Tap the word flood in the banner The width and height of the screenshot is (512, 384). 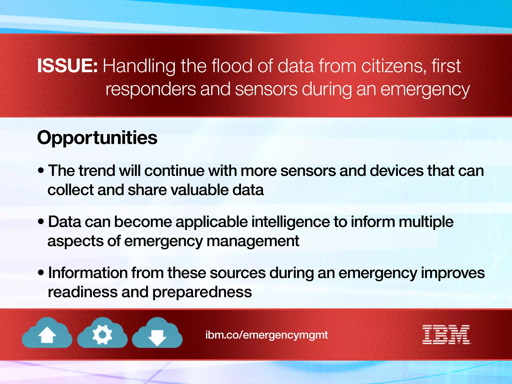(x=232, y=66)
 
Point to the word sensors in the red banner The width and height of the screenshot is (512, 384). (x=266, y=89)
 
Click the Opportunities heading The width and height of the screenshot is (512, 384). (x=97, y=138)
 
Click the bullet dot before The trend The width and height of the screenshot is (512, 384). (x=41, y=171)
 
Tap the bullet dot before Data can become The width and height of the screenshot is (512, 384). (x=41, y=222)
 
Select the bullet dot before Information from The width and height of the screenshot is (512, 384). (x=41, y=273)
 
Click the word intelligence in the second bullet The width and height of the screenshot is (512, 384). (x=290, y=222)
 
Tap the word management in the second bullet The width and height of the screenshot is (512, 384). (x=253, y=241)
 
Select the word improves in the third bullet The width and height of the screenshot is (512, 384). (x=453, y=273)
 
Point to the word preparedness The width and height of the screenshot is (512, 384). (x=202, y=292)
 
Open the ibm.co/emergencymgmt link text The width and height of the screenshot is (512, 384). (x=266, y=335)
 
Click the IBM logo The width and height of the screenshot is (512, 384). (x=446, y=335)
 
